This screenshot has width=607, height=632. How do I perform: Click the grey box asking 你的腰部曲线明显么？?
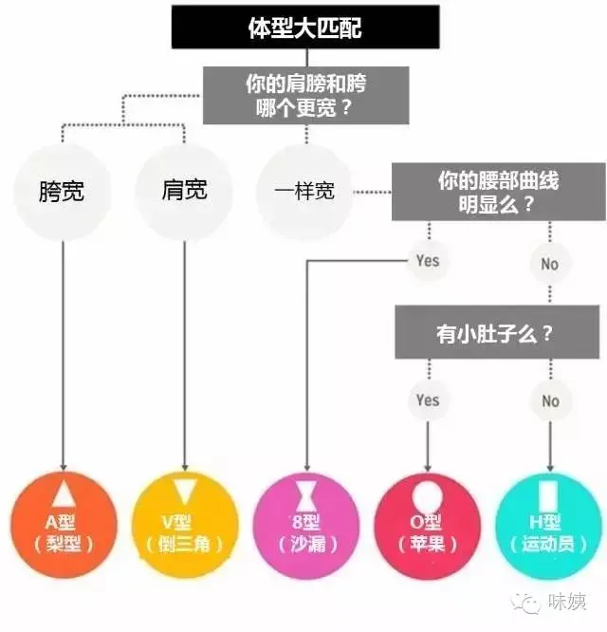498,193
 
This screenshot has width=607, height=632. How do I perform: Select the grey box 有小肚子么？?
498,334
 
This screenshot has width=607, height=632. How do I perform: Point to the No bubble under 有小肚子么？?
550,401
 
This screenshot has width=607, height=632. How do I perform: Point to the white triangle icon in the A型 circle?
63,494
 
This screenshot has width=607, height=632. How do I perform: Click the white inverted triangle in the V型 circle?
183,494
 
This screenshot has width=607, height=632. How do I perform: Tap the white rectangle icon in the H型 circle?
548,496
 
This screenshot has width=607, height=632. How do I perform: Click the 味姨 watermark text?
569,603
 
